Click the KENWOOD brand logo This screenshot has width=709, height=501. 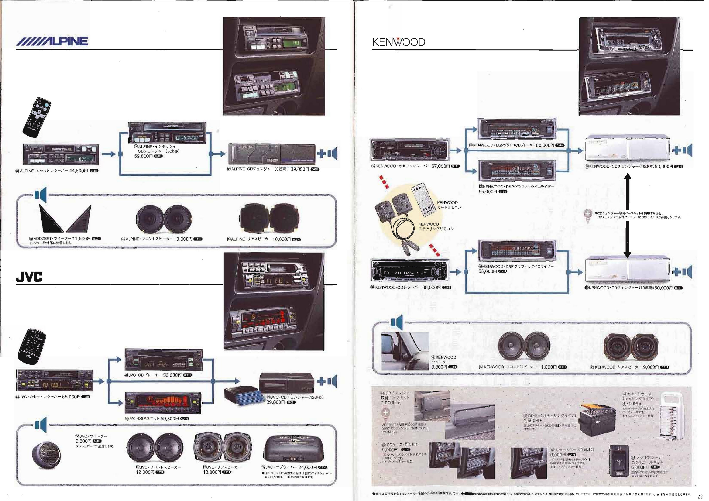coord(398,42)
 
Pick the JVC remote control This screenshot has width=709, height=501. coord(32,348)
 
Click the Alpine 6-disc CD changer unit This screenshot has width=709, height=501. coord(271,154)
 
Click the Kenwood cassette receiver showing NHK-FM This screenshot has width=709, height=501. coord(409,151)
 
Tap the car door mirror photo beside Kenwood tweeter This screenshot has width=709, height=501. coord(405,351)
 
